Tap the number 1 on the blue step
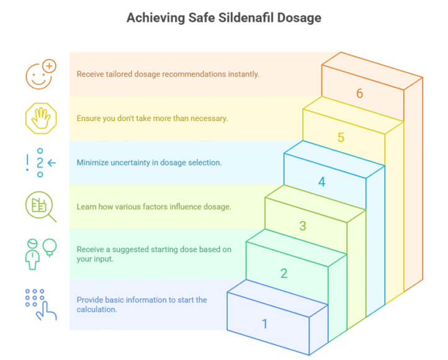coord(265,323)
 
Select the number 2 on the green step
coord(284,273)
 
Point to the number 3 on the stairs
coord(303,226)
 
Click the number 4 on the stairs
coord(321,182)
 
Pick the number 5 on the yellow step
coord(341,138)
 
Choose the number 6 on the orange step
coord(359,94)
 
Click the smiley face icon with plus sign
coord(40,74)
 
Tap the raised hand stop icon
coord(40,118)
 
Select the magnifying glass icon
coord(40,207)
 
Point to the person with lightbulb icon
coord(40,252)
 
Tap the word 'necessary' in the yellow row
coord(209,118)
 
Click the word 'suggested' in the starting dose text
coord(127,250)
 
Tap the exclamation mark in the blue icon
coord(27,163)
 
